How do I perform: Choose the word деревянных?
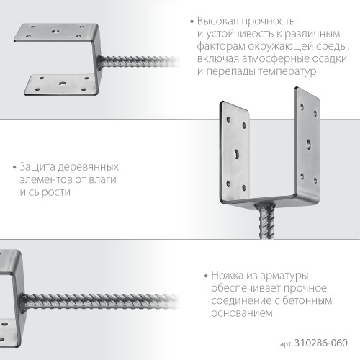tap(93, 167)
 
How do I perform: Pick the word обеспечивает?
tap(243, 288)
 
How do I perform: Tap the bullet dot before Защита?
tap(14, 168)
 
